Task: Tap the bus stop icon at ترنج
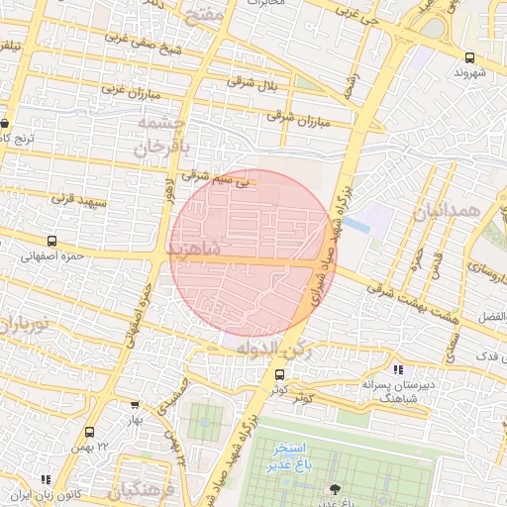click(5, 124)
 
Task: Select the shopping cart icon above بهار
click(135, 404)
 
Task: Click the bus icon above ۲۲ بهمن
click(90, 432)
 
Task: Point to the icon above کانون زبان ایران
click(46, 479)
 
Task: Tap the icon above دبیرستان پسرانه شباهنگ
click(398, 356)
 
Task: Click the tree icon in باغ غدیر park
click(334, 488)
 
